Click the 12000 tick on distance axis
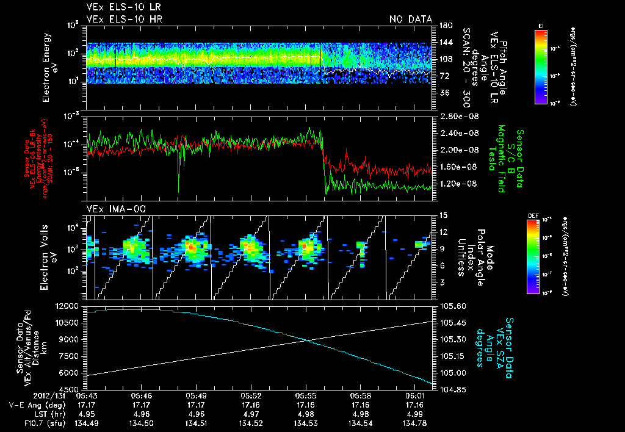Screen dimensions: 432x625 tap(73, 305)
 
